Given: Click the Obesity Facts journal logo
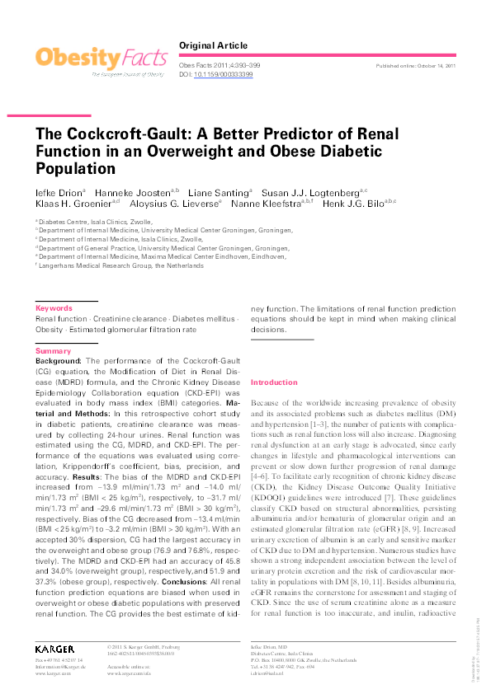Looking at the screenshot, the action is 100,59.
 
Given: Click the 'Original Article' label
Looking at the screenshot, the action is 213,45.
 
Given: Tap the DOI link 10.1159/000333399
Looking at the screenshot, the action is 223,74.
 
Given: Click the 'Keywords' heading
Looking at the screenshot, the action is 54,308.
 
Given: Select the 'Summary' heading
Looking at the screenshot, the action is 53,351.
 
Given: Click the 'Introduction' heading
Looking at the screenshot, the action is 273,383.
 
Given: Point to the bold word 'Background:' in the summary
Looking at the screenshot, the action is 59,360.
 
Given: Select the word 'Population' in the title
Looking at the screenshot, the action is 75,169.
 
